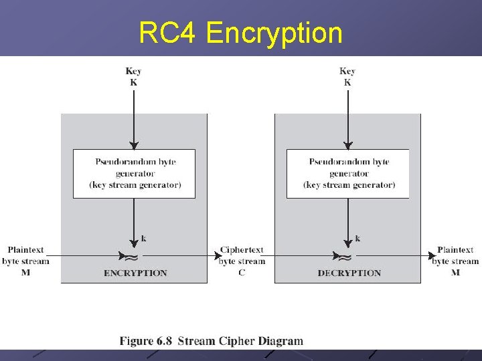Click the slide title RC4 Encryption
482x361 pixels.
click(x=240, y=33)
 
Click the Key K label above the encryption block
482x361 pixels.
click(x=133, y=77)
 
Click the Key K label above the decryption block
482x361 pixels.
click(x=347, y=77)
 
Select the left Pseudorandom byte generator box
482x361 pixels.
click(x=134, y=173)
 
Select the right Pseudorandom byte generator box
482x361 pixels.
click(x=347, y=173)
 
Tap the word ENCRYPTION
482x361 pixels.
click(x=135, y=273)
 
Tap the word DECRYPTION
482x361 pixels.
click(x=349, y=273)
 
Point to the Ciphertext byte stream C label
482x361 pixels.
click(x=242, y=261)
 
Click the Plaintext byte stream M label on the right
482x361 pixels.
click(x=455, y=261)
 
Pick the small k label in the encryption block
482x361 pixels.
click(x=143, y=238)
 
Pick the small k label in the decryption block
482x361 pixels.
click(x=357, y=238)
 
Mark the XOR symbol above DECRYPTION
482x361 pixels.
click(x=345, y=256)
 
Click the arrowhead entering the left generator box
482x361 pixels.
click(x=134, y=144)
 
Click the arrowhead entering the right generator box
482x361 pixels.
click(x=347, y=144)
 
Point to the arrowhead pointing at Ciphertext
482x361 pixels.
click(x=217, y=255)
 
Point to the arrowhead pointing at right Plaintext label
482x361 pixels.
click(x=432, y=255)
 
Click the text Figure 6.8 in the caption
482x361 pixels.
click(x=145, y=341)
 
